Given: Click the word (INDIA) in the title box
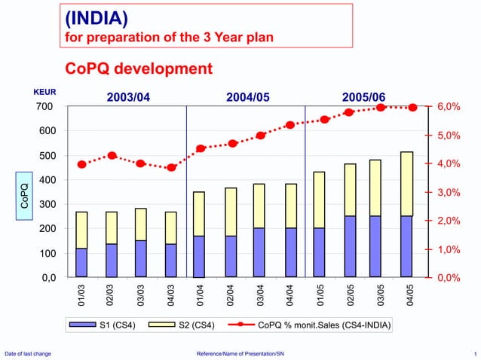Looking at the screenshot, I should pos(96,17).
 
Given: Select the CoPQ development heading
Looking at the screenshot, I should pos(139,69).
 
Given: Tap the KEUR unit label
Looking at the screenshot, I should pos(45,93).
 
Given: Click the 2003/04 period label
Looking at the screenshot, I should pos(133,97).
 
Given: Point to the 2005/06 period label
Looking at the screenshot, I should pos(363,97).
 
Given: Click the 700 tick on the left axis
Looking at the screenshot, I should pos(44,107).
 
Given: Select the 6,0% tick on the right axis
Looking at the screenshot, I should pos(445,107).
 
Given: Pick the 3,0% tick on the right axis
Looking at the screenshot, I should pos(445,193).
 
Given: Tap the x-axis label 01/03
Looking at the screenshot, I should pos(81,294).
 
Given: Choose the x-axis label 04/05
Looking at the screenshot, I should pos(410,294).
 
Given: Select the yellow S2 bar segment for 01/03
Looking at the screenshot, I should pos(81,230).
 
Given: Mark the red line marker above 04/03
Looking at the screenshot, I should pos(171,167).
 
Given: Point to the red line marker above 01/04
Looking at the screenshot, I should pos(201,148).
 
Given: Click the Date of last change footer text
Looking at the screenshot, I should pos(28,353).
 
